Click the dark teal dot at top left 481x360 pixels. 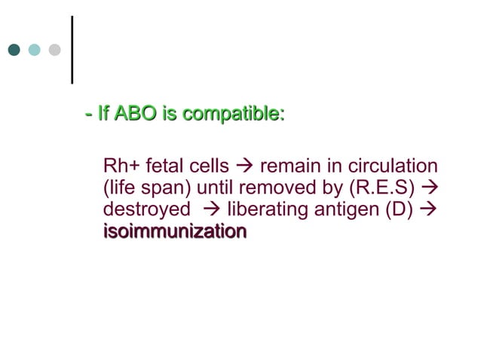coord(14,50)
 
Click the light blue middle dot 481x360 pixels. coord(34,50)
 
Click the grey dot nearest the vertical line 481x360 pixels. coord(54,50)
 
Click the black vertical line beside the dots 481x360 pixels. coord(72,49)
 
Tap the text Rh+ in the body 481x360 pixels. coord(121,166)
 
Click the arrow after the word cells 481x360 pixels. coord(245,166)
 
